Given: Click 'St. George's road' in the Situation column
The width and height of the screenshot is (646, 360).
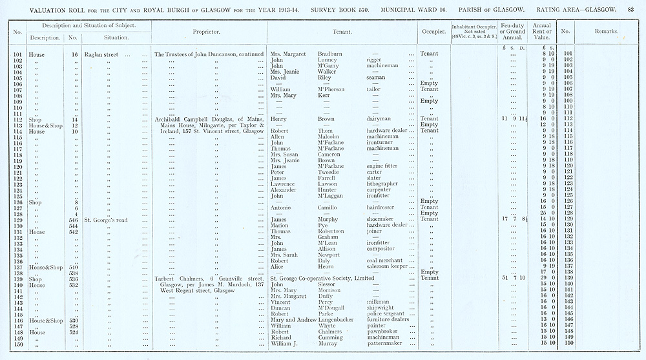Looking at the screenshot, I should click(106, 220).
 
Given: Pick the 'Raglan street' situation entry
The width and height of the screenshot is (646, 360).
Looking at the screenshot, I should click(101, 54).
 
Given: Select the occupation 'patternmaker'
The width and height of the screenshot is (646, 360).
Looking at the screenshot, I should click(384, 344).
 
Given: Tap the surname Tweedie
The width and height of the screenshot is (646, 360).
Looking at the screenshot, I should click(329, 172).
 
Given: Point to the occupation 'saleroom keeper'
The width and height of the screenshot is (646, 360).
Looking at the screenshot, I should click(386, 266).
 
